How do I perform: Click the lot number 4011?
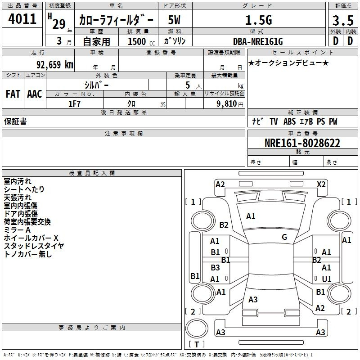(22, 19)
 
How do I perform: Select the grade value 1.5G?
(259, 20)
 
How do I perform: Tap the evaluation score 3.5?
(343, 20)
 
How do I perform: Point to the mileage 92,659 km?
(55, 65)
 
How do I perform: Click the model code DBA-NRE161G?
(258, 41)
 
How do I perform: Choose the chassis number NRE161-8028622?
(302, 143)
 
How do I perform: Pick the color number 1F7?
(74, 104)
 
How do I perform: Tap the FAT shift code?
(13, 94)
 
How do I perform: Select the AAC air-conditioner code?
(35, 94)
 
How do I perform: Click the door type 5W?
(174, 20)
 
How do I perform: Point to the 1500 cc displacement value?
(141, 41)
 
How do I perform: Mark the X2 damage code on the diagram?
(321, 184)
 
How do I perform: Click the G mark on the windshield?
(284, 237)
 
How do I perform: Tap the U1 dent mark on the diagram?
(327, 279)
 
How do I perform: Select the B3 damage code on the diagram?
(215, 267)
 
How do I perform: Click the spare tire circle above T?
(197, 328)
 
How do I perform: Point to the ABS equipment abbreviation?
(289, 121)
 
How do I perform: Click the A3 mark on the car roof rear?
(253, 299)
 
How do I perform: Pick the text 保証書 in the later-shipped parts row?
(15, 121)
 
